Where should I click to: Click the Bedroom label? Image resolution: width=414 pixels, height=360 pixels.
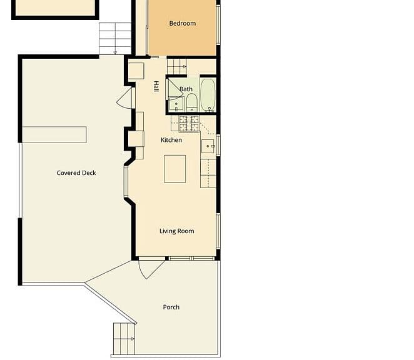(x=183, y=24)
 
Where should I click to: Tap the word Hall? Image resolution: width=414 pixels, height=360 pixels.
(x=156, y=86)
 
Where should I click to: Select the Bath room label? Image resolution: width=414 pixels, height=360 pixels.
(x=186, y=89)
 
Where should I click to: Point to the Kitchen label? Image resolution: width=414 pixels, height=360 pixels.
(x=171, y=140)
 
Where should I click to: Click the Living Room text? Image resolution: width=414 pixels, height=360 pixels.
(x=176, y=231)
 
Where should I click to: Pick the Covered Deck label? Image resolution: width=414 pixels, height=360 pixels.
(x=76, y=173)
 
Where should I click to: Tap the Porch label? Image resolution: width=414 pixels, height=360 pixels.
(x=171, y=307)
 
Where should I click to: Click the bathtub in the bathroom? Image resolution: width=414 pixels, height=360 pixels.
(x=208, y=95)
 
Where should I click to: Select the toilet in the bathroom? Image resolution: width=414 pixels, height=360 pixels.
(x=192, y=102)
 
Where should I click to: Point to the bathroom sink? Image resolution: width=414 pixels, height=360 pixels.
(x=176, y=104)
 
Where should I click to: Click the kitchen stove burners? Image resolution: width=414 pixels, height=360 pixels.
(x=188, y=124)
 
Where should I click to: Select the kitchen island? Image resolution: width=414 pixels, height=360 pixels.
(x=174, y=169)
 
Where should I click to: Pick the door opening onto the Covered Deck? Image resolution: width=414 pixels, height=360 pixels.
(x=125, y=97)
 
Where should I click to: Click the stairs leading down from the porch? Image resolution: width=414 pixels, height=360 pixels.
(x=124, y=339)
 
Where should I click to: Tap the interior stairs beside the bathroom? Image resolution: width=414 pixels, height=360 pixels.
(x=177, y=67)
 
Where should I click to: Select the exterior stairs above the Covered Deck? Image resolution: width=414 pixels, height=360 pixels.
(x=115, y=39)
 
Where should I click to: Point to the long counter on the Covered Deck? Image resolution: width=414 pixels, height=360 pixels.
(x=54, y=135)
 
